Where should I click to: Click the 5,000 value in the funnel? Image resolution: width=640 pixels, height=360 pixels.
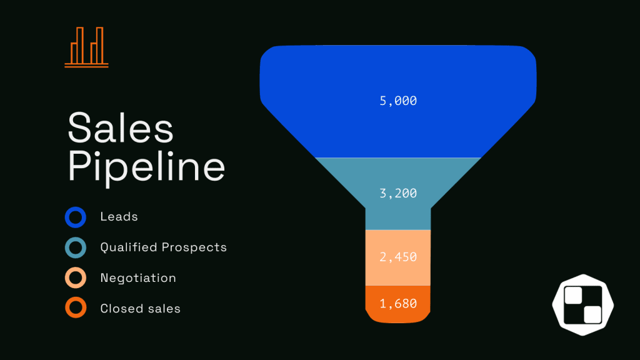398,101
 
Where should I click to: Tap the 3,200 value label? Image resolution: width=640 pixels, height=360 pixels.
398,193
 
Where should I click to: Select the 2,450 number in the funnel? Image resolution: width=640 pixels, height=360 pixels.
398,257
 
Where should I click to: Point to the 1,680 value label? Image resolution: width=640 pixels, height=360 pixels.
398,303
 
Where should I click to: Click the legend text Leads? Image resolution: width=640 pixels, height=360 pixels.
119,217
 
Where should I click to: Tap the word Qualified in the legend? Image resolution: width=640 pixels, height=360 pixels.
129,247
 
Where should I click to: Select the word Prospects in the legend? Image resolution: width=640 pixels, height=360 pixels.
194,247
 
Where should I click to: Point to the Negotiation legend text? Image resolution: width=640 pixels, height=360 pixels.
138,278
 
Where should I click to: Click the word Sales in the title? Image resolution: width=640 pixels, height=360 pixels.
121,127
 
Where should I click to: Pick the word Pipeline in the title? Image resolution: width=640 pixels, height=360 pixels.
146,166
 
